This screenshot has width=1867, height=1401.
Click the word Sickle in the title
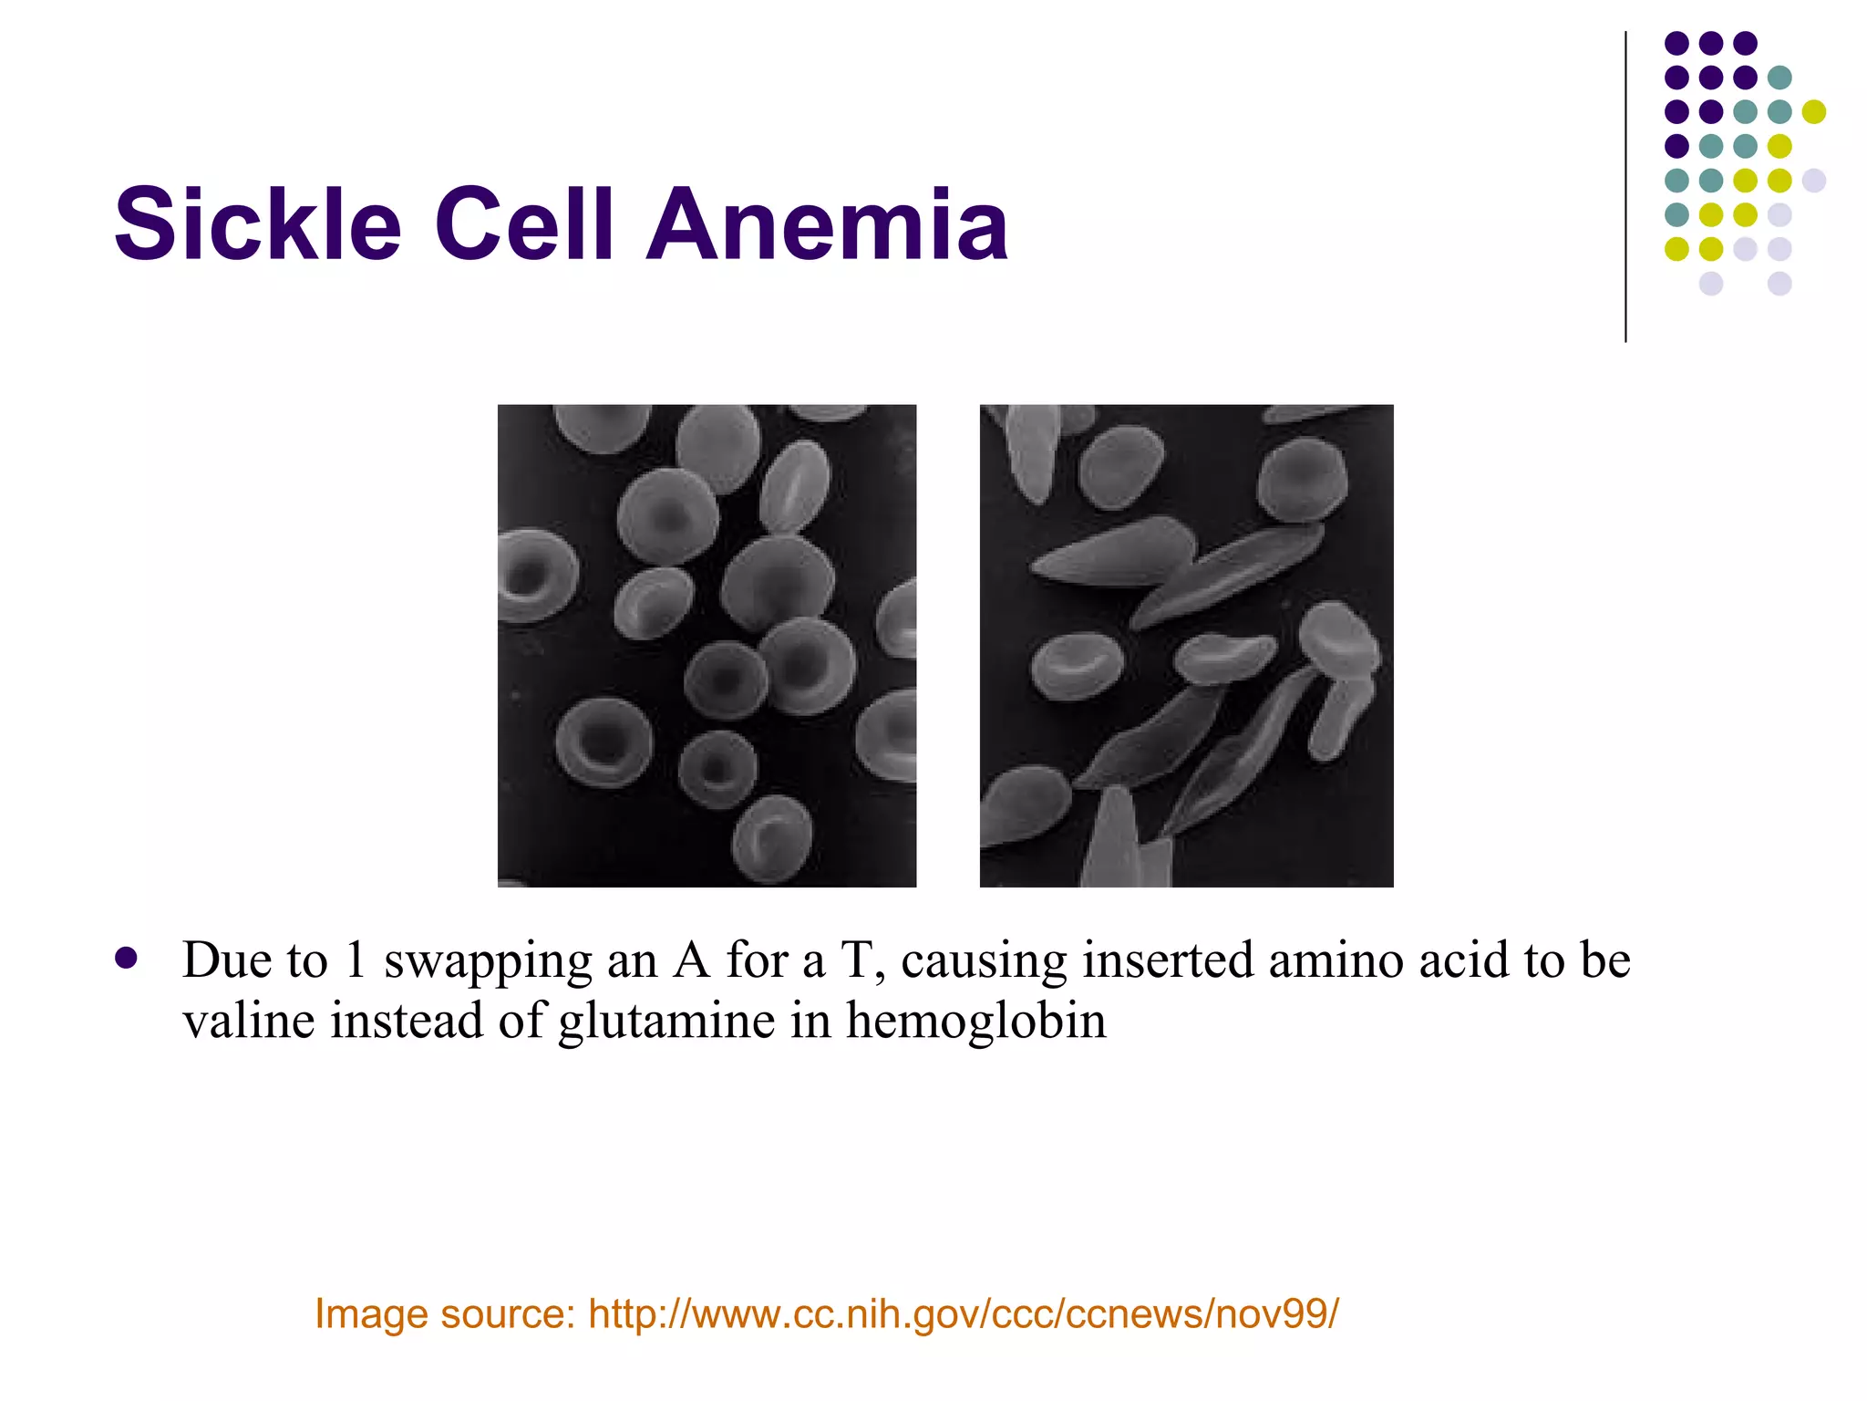click(258, 224)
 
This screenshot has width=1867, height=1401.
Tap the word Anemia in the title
click(827, 224)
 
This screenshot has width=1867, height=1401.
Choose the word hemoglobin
click(975, 1020)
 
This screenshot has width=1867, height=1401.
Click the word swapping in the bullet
click(488, 961)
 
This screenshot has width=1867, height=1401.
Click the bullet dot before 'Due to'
click(127, 959)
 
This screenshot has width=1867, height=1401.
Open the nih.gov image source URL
click(964, 1314)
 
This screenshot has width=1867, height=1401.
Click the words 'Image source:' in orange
click(445, 1314)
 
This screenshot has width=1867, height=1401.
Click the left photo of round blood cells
click(707, 646)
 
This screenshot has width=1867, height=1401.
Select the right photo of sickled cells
click(1186, 646)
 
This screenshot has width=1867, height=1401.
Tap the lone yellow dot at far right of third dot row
click(1814, 112)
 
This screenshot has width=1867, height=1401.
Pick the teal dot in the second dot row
click(1779, 78)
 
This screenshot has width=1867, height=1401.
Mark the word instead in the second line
click(407, 1020)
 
